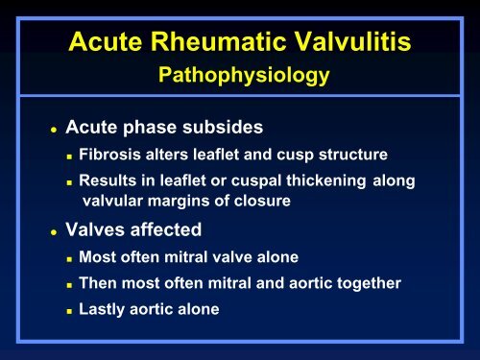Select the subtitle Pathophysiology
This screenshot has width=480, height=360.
click(x=239, y=76)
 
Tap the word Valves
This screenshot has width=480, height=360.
click(x=95, y=230)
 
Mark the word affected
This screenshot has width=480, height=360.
click(x=170, y=230)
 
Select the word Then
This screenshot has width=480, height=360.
click(x=98, y=283)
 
